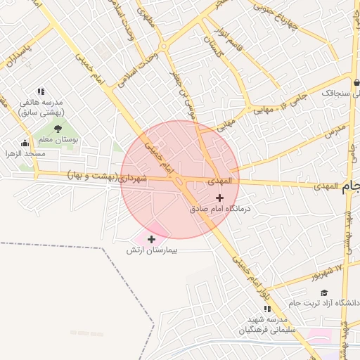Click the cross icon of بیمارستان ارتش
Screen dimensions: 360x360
pyautogui.click(x=151, y=239)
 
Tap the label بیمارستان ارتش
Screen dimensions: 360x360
pyautogui.click(x=150, y=250)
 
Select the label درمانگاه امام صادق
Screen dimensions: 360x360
pyautogui.click(x=220, y=209)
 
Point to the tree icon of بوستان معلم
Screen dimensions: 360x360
pyautogui.click(x=58, y=129)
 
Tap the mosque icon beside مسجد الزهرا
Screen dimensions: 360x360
pyautogui.click(x=25, y=144)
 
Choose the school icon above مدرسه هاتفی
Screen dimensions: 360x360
pyautogui.click(x=41, y=91)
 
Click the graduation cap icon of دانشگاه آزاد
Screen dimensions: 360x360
pyautogui.click(x=324, y=293)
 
